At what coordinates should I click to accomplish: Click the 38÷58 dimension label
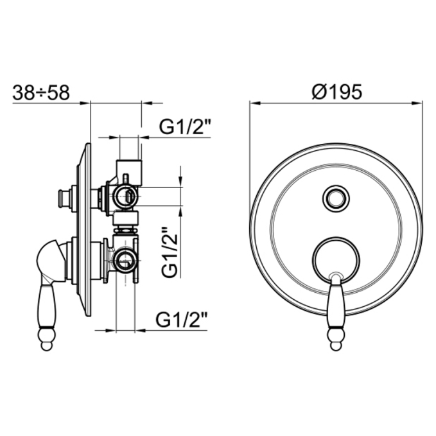[x=41, y=92]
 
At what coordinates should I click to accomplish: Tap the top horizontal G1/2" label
[x=184, y=126]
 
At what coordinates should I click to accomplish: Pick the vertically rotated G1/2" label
[x=170, y=252]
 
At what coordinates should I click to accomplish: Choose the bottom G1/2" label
[x=181, y=320]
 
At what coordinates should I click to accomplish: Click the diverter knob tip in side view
[x=62, y=198]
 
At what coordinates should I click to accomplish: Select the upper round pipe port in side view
[x=126, y=196]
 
